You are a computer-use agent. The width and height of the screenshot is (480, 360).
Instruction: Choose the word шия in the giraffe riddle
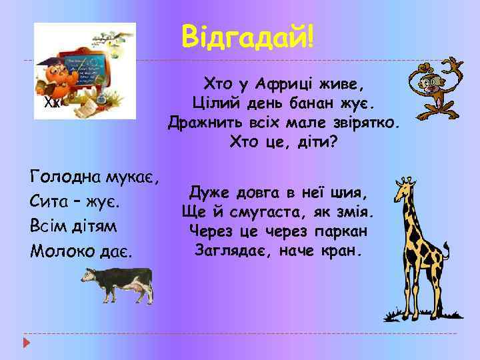coord(351,193)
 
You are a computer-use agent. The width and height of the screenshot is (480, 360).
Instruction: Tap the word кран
coord(344,251)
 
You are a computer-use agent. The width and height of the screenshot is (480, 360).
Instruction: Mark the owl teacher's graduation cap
coord(51,63)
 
